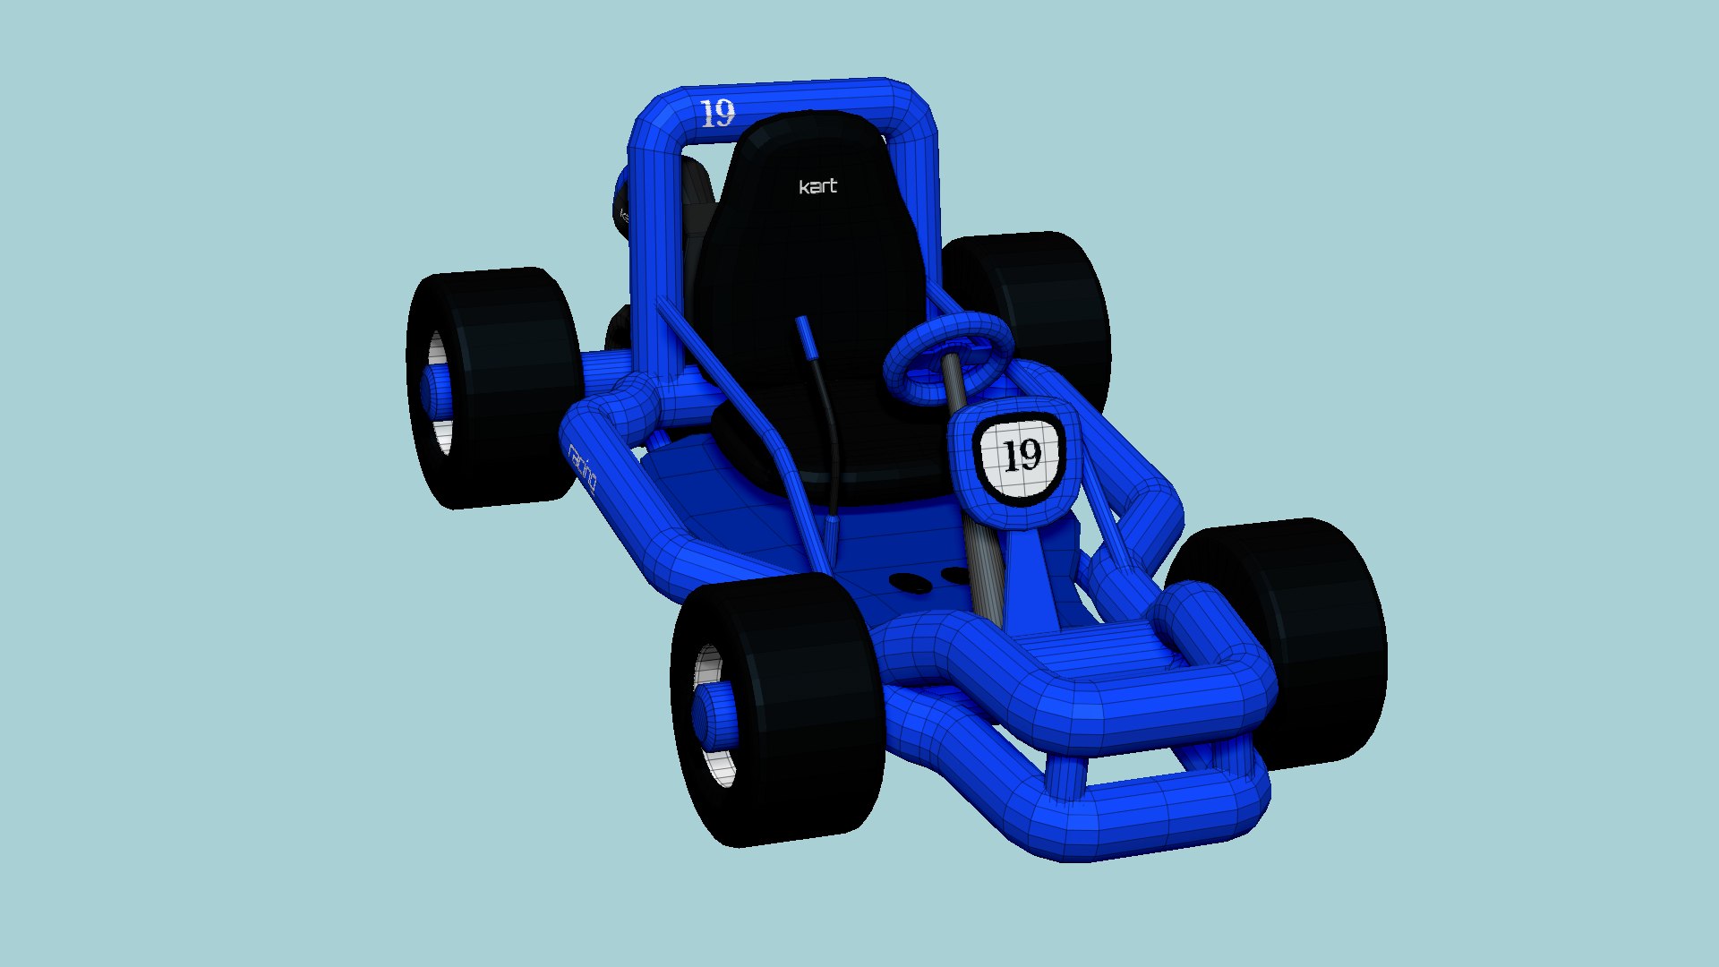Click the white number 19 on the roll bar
coord(717,114)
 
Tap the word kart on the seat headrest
coord(817,186)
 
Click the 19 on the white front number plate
coord(1022,456)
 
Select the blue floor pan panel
coord(716,501)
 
